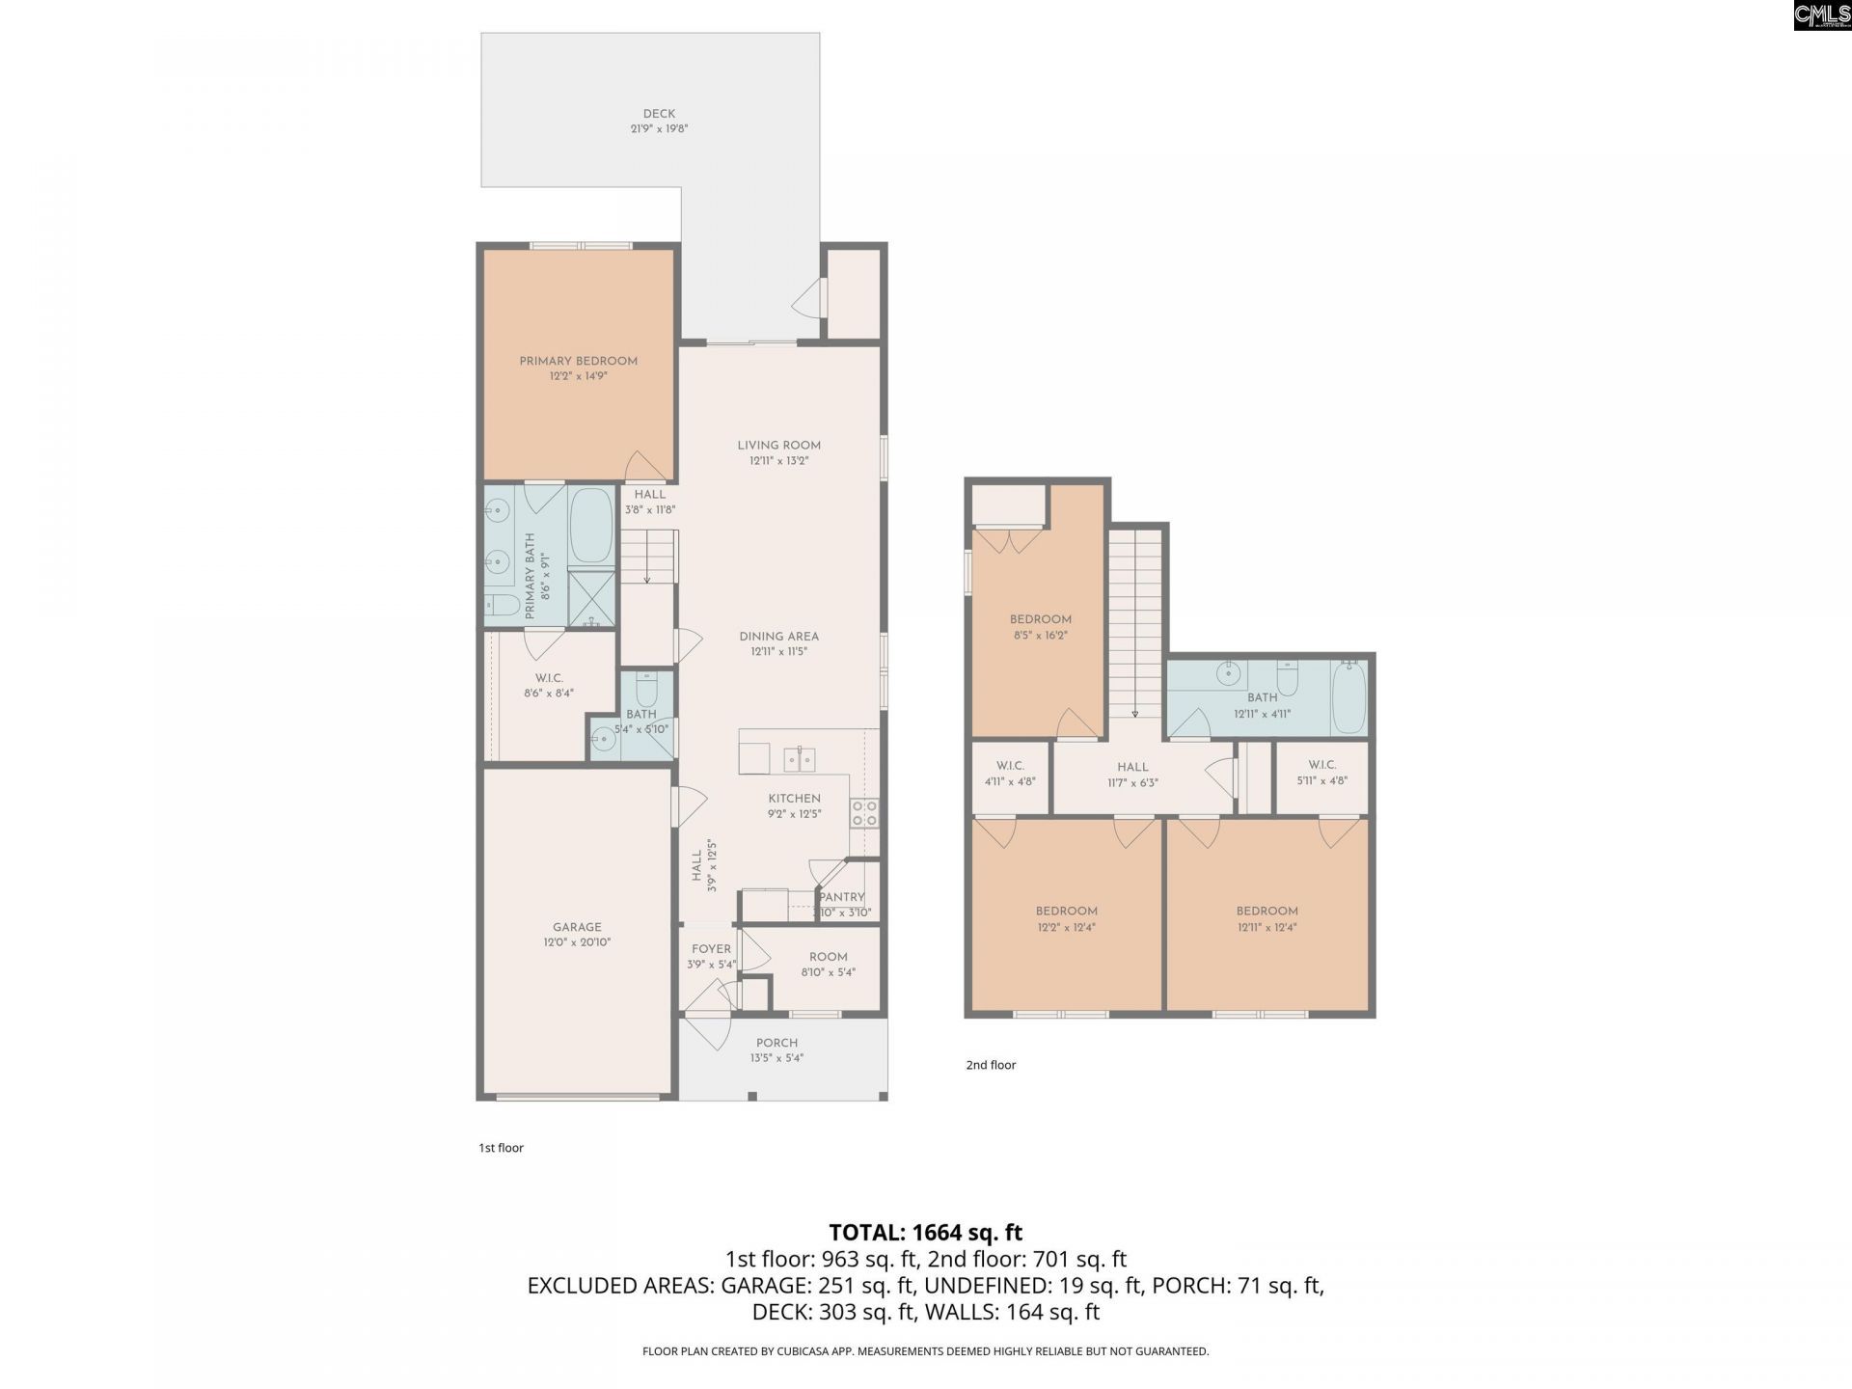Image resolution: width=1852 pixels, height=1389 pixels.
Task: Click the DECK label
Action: coord(659,114)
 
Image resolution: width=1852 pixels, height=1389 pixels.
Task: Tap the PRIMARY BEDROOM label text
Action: coord(578,361)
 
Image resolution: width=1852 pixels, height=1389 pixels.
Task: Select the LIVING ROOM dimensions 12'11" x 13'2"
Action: coord(778,461)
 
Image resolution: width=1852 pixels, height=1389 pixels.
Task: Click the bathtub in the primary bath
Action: coord(590,527)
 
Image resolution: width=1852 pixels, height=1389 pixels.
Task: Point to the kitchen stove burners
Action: coord(864,813)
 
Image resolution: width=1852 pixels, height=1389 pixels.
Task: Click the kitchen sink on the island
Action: coord(800,760)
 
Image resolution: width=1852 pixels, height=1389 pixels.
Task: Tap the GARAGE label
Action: coord(577,927)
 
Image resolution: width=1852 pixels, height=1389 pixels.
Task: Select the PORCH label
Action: coord(776,1043)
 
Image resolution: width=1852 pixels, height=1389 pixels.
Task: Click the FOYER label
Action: coord(711,949)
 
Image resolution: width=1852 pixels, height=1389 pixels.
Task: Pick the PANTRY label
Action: coord(841,897)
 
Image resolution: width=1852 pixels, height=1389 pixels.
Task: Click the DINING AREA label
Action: coord(778,637)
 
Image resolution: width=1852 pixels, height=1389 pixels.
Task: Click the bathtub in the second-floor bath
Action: coord(1348,696)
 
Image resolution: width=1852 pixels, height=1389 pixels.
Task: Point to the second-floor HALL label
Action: coord(1132,767)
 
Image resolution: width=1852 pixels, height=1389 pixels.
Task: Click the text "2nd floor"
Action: coord(991,1065)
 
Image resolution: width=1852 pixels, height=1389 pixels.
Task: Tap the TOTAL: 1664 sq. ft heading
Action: coord(925,1232)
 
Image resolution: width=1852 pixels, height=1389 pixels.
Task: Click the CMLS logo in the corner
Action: coord(1821,15)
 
